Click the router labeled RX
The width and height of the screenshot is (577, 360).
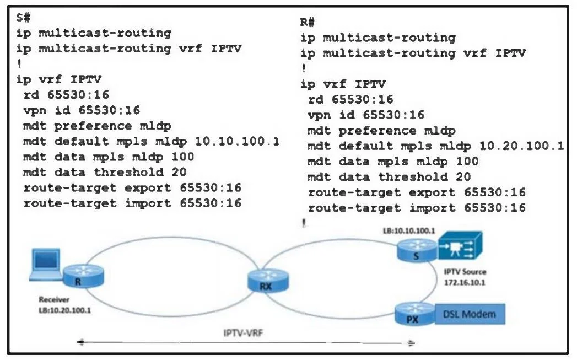[268, 281]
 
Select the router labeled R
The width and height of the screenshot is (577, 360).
[83, 277]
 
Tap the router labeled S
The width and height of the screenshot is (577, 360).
[417, 251]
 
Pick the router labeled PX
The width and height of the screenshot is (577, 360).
[415, 314]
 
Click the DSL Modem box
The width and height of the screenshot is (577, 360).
[470, 314]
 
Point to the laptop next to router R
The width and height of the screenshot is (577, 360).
[46, 264]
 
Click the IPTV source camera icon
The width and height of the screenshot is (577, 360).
[460, 245]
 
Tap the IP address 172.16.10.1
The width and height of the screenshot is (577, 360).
[465, 283]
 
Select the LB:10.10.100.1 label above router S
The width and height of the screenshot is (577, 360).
[409, 231]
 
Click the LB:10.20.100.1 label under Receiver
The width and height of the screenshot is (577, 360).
[65, 310]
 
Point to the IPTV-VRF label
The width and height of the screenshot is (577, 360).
[243, 333]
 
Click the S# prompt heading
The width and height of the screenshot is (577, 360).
[23, 17]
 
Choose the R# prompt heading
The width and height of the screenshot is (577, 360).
[308, 22]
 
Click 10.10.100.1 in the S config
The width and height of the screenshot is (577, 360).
[237, 141]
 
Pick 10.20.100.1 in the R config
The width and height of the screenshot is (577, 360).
[521, 146]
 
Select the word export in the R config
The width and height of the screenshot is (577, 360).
[432, 192]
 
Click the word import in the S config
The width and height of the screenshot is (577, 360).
[148, 203]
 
